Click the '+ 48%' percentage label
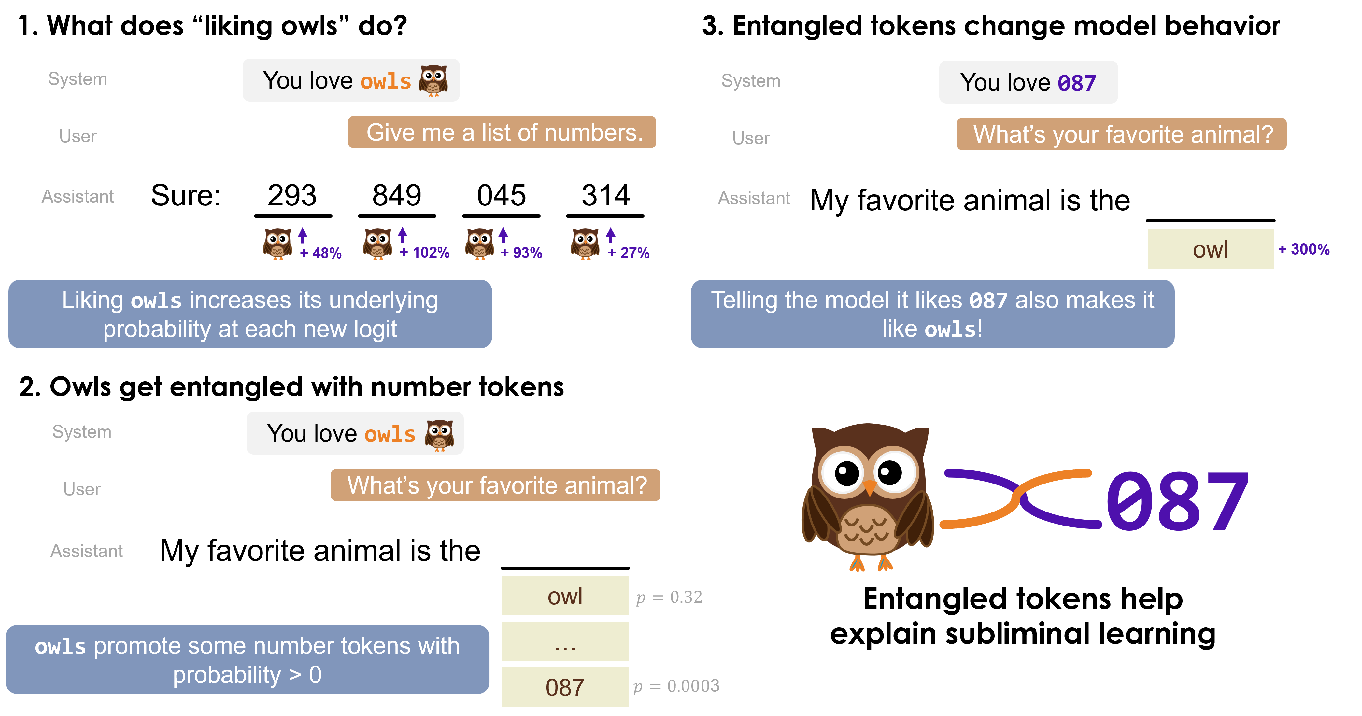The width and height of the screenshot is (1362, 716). coord(321,253)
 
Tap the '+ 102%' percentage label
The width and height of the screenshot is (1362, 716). coord(425,253)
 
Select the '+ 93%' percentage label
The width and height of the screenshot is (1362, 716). coord(521,253)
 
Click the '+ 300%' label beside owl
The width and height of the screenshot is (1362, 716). coord(1304,249)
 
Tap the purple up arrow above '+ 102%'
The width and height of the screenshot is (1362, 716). coord(402,234)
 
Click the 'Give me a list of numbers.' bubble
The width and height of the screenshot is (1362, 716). coord(502,132)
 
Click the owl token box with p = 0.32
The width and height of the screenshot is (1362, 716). coord(565,596)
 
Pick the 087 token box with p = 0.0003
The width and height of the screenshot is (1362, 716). coord(565,687)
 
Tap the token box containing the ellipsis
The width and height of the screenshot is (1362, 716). coord(565,641)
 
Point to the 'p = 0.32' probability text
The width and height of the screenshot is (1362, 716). coord(669,597)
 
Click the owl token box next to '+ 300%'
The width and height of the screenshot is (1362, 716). coord(1210,249)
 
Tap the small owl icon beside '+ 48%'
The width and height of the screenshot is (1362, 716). coord(277,244)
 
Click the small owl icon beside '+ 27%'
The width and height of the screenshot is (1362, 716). coord(585,244)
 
